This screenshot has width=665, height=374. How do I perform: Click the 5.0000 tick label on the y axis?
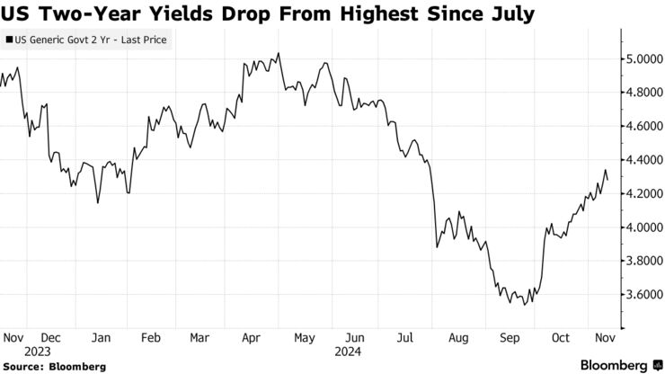click(645, 58)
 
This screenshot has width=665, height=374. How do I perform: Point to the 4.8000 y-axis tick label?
click(645, 93)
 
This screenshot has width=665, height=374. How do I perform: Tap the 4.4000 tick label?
click(645, 160)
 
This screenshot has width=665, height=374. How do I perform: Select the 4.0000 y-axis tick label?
click(645, 227)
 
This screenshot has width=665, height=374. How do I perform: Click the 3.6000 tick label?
click(645, 295)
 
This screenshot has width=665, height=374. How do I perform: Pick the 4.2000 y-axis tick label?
click(645, 193)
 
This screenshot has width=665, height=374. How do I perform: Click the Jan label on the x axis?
click(101, 338)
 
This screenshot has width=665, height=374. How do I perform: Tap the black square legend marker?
click(9, 40)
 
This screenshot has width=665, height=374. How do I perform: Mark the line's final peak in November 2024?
click(607, 170)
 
